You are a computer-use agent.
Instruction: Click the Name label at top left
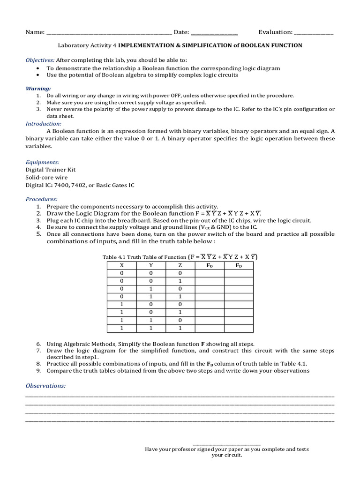click(x=35, y=32)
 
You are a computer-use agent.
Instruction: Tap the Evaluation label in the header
click(x=275, y=32)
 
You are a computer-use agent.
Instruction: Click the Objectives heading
click(x=40, y=60)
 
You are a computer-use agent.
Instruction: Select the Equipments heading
click(x=42, y=162)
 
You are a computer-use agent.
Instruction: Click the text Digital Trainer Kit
click(x=50, y=170)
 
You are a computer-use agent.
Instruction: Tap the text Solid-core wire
click(x=46, y=177)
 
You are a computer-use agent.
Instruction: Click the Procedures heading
click(x=41, y=199)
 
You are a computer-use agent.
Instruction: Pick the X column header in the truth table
click(x=122, y=265)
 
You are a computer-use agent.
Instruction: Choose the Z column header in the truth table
click(x=180, y=265)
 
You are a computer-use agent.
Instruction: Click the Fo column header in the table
click(x=210, y=265)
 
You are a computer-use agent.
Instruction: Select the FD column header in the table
click(x=239, y=265)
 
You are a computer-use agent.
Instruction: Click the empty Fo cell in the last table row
click(x=210, y=328)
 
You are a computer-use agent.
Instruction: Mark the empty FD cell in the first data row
click(x=239, y=274)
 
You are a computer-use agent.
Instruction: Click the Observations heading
click(x=45, y=385)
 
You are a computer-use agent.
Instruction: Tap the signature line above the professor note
click(x=226, y=443)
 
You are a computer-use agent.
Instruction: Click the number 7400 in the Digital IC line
click(x=61, y=185)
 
